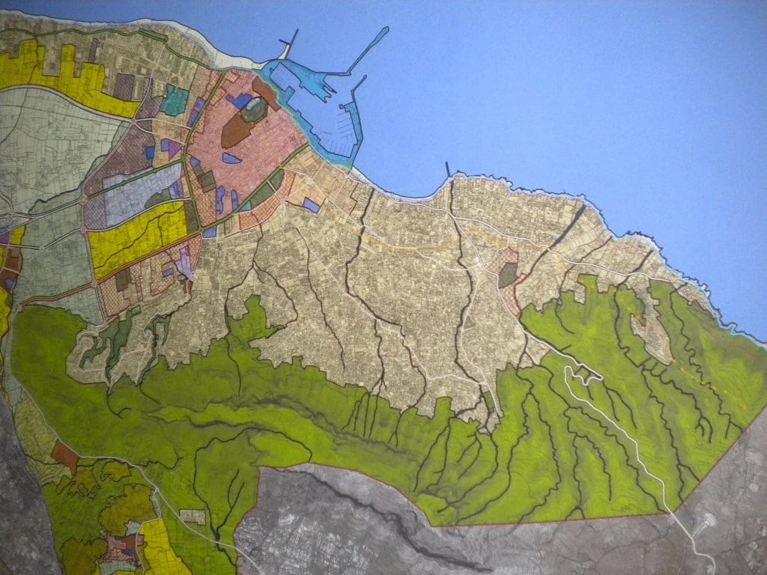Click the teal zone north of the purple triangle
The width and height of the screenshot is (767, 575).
[x=175, y=100]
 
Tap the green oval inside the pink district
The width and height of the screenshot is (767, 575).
[x=255, y=110]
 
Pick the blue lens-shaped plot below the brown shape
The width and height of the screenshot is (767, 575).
[x=232, y=158]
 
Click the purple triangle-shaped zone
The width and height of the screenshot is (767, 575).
[x=172, y=147]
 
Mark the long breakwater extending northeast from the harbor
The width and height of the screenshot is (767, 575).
[x=369, y=49]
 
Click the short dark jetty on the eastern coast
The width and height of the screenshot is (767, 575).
[x=448, y=169]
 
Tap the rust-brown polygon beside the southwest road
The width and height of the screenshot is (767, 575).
[x=65, y=454]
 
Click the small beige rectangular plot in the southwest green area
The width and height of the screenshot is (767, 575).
[x=193, y=516]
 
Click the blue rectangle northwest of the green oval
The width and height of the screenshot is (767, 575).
[x=242, y=100]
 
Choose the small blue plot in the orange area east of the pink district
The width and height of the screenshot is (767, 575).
[x=311, y=204]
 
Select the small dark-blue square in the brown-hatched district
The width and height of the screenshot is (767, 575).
[x=150, y=153]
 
